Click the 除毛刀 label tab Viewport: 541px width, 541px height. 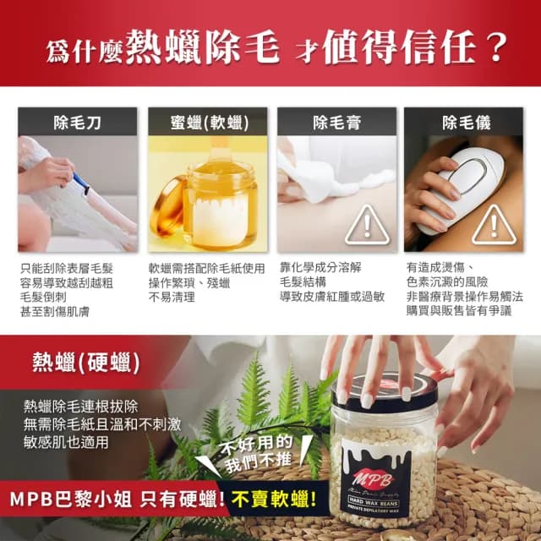click(77, 122)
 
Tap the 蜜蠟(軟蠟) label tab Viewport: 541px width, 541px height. click(207, 122)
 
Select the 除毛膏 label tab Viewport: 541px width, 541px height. click(336, 122)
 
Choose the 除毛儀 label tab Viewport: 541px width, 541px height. click(466, 122)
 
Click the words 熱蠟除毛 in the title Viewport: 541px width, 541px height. click(202, 46)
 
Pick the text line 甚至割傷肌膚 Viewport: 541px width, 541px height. click(55, 311)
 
